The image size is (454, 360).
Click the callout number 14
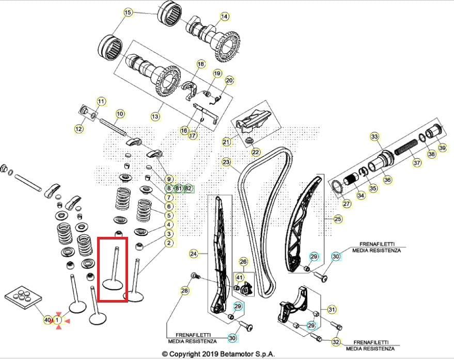224,17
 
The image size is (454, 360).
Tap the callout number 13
155,117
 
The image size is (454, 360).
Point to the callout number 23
226,162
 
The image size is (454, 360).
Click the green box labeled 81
178,188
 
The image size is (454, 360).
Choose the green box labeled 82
188,188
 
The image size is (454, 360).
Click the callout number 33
374,137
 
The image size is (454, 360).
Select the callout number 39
442,147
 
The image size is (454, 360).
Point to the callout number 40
48,321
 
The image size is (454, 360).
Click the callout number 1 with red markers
58,321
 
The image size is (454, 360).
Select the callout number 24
194,254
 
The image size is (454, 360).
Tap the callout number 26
243,262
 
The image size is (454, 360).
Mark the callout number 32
336,342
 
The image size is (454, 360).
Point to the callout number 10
120,114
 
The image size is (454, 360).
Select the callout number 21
226,142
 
